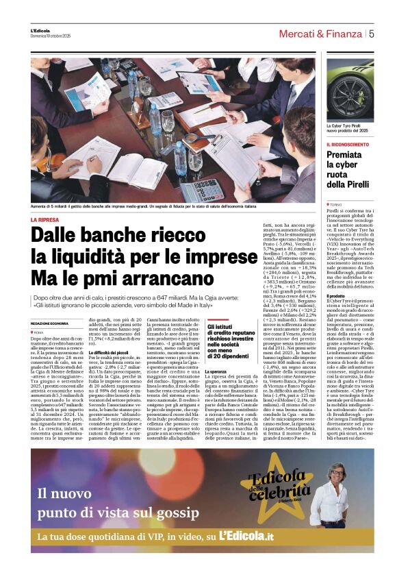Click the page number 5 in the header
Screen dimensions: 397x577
371,33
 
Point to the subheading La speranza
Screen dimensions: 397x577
217,371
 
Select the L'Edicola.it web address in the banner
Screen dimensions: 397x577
246,535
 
